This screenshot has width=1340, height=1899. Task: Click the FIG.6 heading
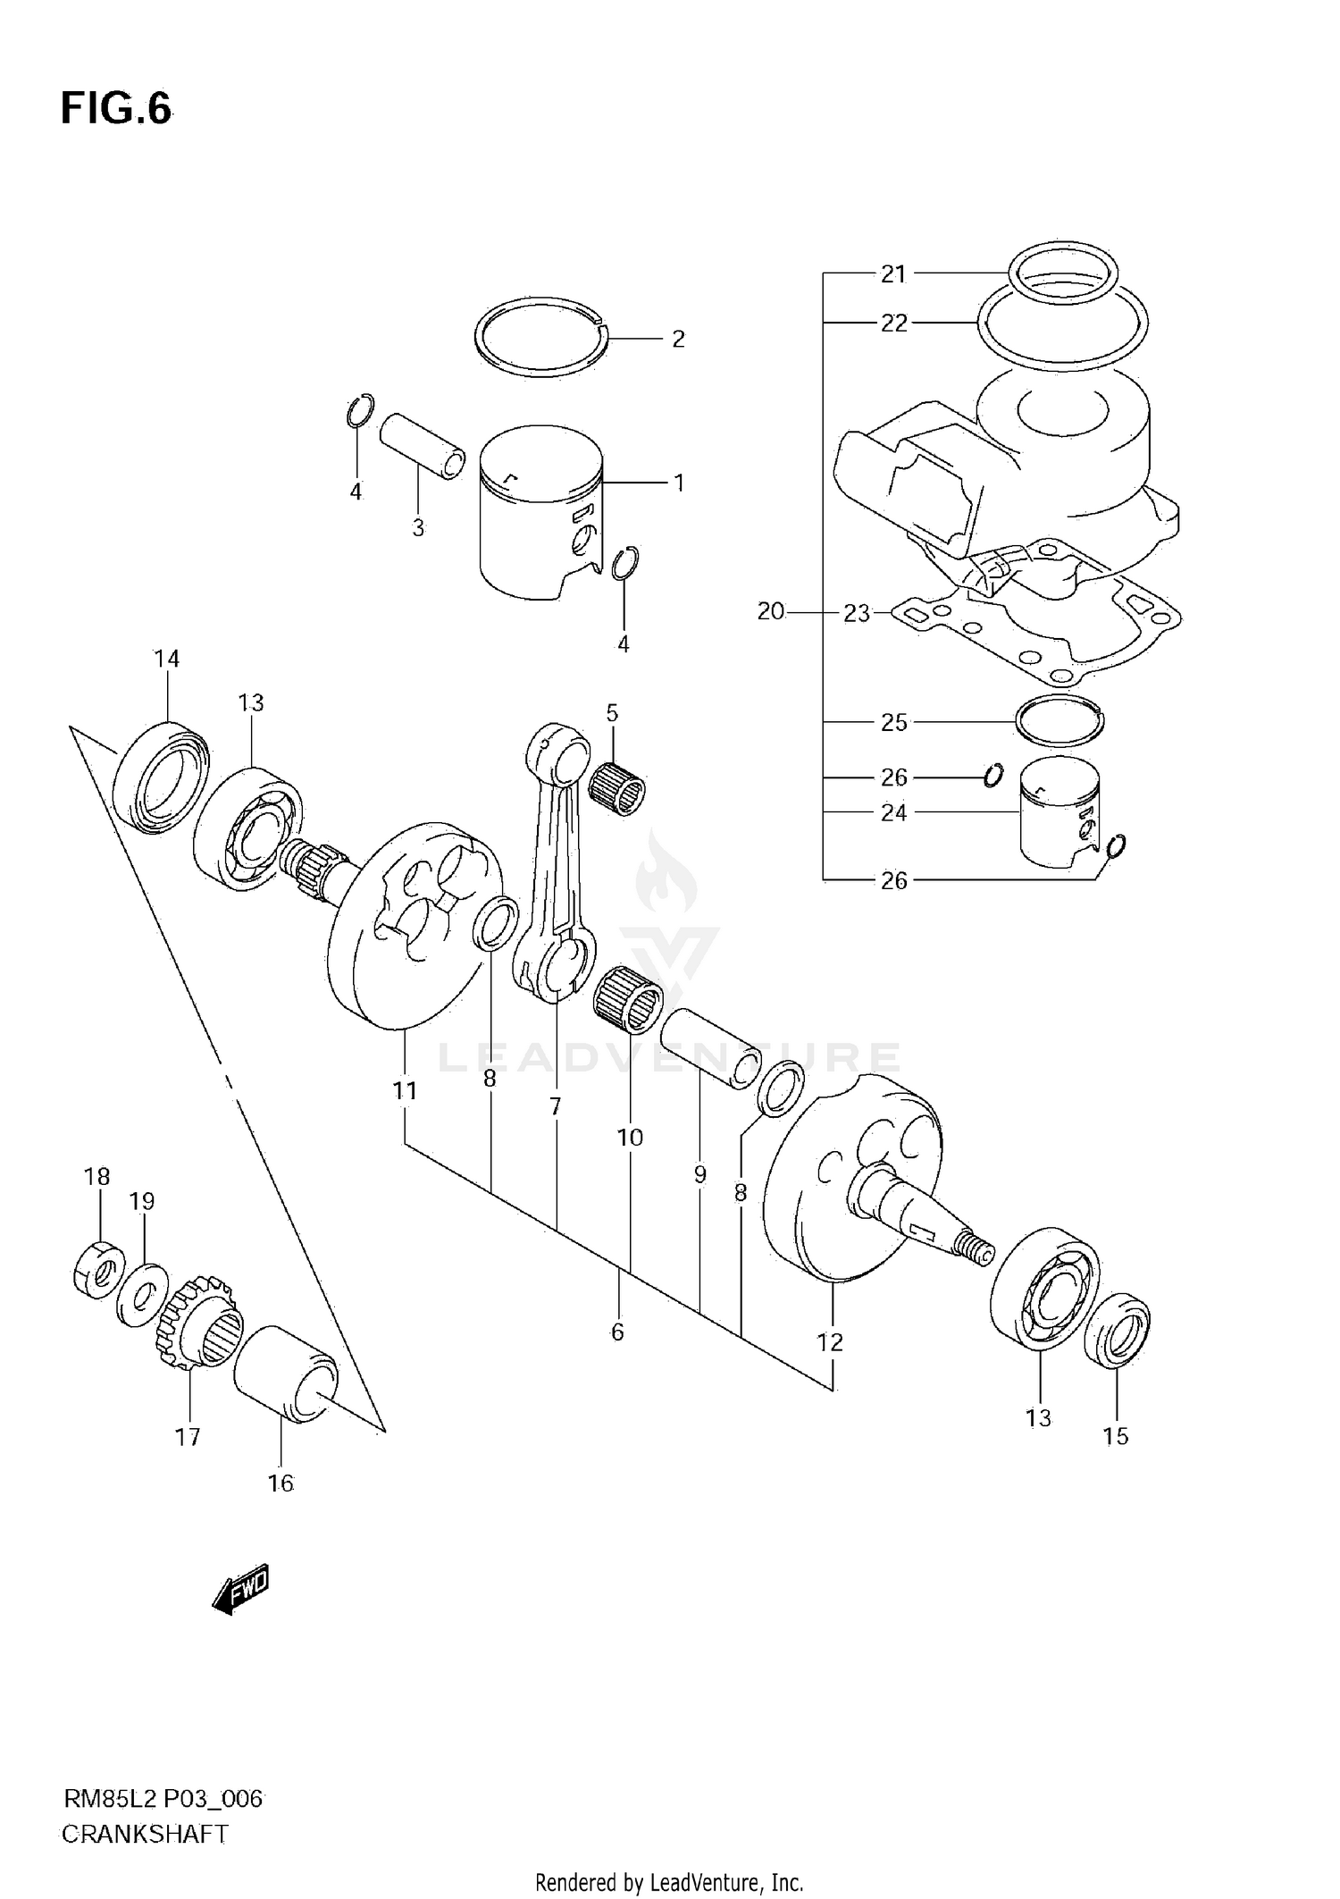pyautogui.click(x=115, y=109)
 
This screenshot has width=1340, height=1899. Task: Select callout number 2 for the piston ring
pyautogui.click(x=678, y=339)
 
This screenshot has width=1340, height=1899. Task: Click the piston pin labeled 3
pyautogui.click(x=422, y=446)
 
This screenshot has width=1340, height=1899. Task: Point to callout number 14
pyautogui.click(x=166, y=659)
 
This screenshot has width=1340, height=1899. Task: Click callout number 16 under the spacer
pyautogui.click(x=280, y=1483)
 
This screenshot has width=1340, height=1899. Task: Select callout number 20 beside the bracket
pyautogui.click(x=770, y=611)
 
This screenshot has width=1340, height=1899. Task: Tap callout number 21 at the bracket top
pyautogui.click(x=893, y=274)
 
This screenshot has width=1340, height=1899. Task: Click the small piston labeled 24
pyautogui.click(x=1059, y=813)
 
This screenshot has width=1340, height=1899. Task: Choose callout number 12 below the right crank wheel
pyautogui.click(x=830, y=1341)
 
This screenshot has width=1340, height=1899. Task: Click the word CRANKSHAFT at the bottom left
pyautogui.click(x=145, y=1835)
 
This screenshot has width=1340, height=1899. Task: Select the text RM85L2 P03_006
pyautogui.click(x=163, y=1799)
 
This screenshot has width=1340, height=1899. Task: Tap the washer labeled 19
pyautogui.click(x=142, y=1295)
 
